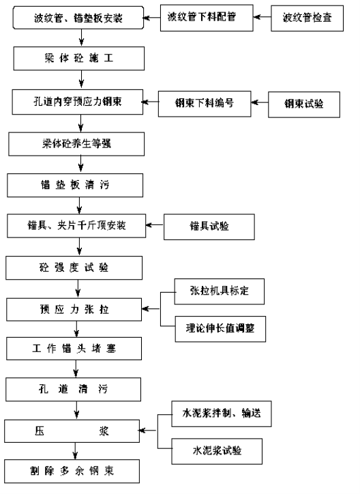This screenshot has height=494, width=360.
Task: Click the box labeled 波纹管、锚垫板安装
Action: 78,18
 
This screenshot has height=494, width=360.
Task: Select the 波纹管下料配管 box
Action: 207,18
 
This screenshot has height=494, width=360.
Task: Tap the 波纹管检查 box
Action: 307,18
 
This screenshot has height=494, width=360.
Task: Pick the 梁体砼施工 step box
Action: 78,58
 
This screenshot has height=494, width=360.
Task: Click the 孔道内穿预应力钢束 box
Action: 78,102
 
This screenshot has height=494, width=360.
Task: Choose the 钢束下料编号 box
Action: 205,104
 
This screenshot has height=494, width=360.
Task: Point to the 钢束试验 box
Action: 304,104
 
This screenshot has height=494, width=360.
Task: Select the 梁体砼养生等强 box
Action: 76,144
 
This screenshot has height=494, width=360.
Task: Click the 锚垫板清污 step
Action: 75,186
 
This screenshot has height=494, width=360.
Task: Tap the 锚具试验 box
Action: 209,227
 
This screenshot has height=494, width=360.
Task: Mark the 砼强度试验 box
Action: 74,267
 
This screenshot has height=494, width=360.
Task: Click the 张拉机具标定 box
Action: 220,291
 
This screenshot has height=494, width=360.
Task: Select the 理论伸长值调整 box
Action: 220,329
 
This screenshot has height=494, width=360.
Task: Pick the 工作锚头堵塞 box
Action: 74,349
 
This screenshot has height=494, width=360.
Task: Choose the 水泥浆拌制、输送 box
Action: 222,413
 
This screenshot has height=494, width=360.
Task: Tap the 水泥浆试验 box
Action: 217,451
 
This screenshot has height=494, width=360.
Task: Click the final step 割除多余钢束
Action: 72,471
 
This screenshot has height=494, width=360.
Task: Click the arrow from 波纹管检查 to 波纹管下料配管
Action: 262,17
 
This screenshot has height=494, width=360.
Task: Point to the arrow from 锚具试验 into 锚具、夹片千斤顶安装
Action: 155,225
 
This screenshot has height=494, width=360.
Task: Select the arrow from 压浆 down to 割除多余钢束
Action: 75,451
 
